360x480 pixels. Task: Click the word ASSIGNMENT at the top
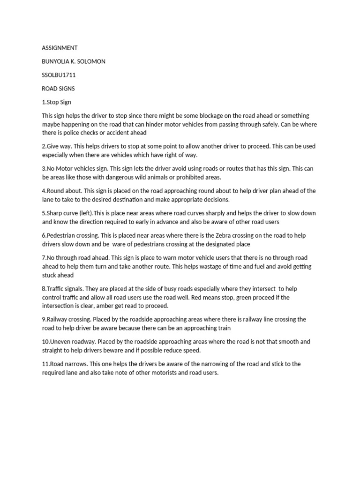(x=60, y=48)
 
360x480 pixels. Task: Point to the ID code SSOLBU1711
(x=59, y=75)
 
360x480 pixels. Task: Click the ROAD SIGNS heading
(x=58, y=89)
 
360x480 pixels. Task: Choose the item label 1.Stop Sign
(x=56, y=102)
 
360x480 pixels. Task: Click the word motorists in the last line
(x=157, y=373)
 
